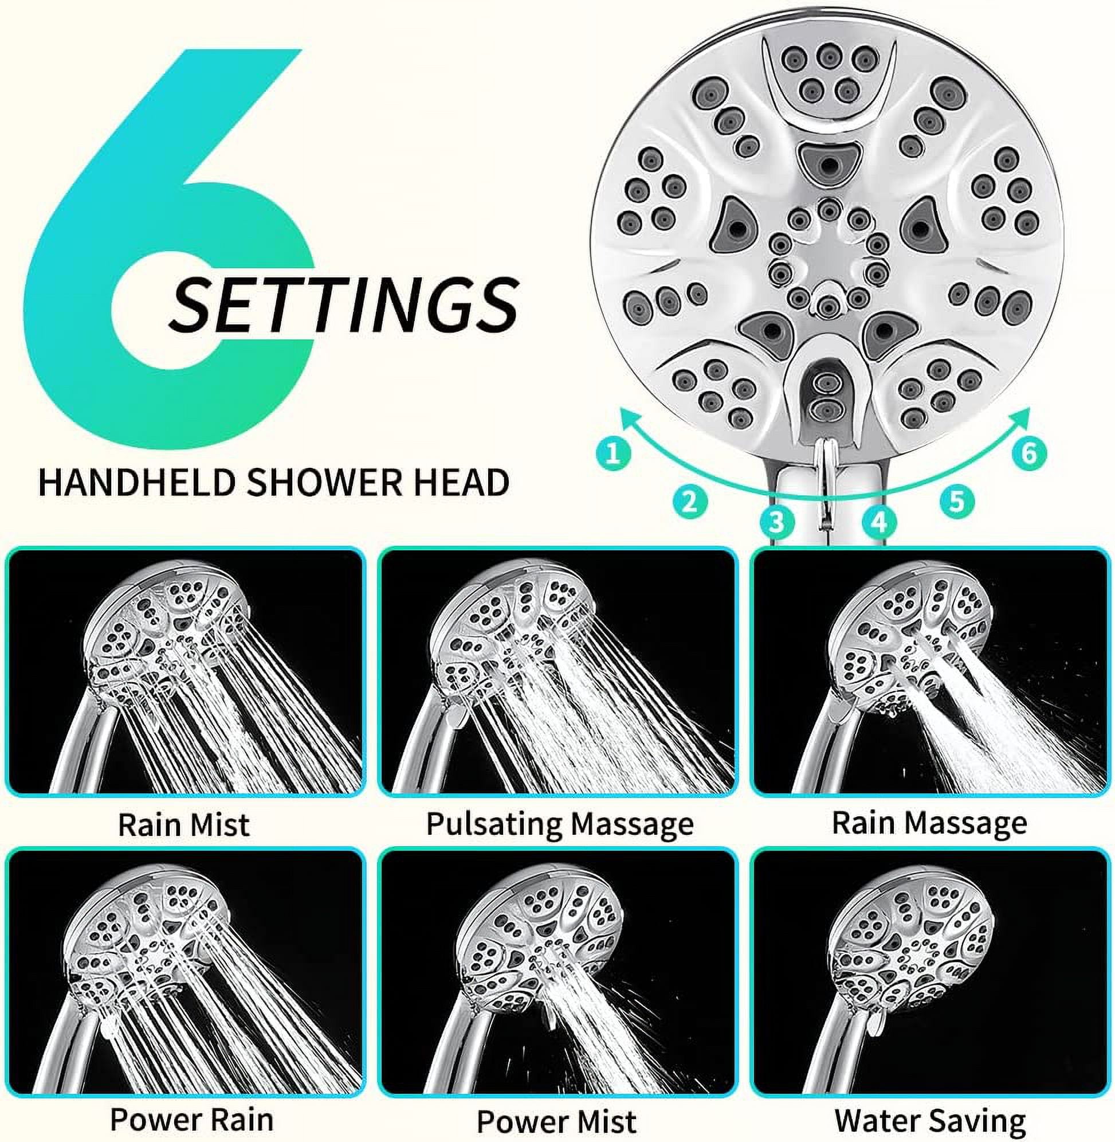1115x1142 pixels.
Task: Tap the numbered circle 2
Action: click(x=690, y=502)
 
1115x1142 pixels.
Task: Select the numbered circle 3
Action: click(x=776, y=521)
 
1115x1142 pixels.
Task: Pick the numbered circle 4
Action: click(x=879, y=521)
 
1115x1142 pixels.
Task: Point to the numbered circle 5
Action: click(x=957, y=502)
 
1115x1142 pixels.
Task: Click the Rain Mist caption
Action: click(x=184, y=824)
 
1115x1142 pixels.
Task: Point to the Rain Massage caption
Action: click(x=929, y=823)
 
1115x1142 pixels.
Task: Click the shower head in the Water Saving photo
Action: click(x=910, y=935)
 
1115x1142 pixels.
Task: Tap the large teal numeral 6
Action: click(x=164, y=246)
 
